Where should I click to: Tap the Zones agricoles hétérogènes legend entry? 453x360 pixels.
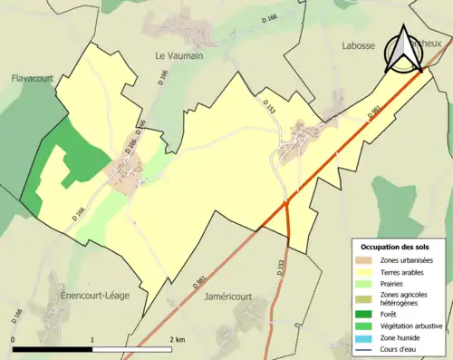pyautogui.click(x=405, y=298)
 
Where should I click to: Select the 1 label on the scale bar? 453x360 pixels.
pyautogui.click(x=92, y=339)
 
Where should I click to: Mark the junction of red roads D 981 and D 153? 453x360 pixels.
pyautogui.click(x=286, y=203)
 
